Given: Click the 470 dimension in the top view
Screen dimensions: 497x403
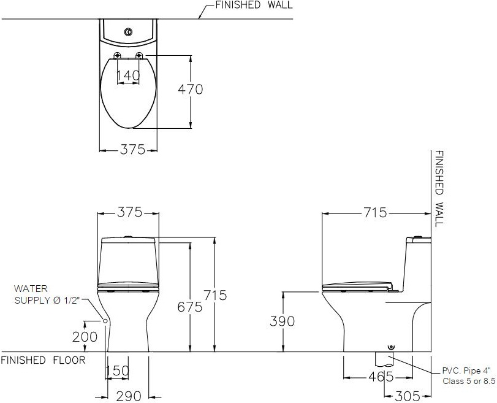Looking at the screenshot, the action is click(190, 90).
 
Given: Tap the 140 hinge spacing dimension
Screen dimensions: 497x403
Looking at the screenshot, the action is click(128, 75).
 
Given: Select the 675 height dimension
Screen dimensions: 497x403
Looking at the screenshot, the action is click(189, 307).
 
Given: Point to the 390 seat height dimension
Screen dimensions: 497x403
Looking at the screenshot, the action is click(282, 321).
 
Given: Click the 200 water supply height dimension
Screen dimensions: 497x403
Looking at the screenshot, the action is click(85, 337).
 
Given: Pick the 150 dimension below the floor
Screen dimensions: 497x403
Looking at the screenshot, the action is click(117, 370).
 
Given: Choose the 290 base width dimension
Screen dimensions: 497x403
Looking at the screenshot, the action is click(129, 396).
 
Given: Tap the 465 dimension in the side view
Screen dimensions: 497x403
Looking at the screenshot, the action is click(381, 377).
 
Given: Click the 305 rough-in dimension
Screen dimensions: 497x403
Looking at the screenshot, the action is click(408, 396).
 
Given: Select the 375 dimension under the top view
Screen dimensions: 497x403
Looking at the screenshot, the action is click(132, 149).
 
